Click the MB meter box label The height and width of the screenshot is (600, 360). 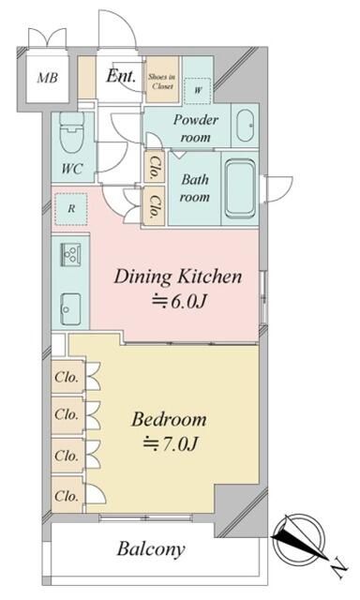pos(48,78)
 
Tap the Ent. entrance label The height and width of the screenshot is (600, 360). pos(121,76)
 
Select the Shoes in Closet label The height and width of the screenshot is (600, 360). pos(162,82)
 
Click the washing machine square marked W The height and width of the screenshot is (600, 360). pos(198,91)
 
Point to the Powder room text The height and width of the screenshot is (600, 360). pos(196,128)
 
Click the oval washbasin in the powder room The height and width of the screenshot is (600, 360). pos(245,126)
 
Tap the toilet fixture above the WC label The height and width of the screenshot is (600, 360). pos(72,133)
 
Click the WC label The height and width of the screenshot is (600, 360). pos(72,169)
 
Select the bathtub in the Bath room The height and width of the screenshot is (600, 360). pos(240,188)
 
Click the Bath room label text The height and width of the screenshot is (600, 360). pos(195,187)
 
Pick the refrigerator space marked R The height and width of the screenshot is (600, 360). pos(71,209)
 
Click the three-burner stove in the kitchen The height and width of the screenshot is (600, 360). pos(70,255)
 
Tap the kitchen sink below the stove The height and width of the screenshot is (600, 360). pos(70,308)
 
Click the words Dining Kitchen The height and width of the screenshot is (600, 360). pos(178,277)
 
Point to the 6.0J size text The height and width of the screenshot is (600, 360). pos(179,302)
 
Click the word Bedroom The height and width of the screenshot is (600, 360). pos(169,419)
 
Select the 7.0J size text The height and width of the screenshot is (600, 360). pos(171,443)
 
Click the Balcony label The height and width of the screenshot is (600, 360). pos(151,549)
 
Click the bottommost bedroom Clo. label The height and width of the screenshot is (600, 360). pos(67,496)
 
